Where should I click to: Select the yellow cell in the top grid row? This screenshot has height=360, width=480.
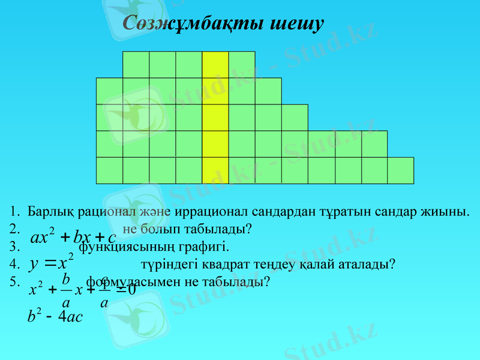click(x=215, y=65)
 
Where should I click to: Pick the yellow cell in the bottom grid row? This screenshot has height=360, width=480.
click(x=215, y=170)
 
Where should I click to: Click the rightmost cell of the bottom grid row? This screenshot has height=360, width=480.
click(x=400, y=170)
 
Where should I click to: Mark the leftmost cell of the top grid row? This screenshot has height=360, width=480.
click(x=136, y=65)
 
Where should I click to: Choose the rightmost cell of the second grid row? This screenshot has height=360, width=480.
click(x=268, y=91)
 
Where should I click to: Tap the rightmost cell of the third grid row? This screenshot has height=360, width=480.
click(x=295, y=118)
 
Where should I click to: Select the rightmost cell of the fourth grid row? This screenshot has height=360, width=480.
click(x=374, y=144)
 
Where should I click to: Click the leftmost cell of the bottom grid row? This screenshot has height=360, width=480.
click(x=109, y=170)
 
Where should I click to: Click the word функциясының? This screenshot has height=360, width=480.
click(x=125, y=247)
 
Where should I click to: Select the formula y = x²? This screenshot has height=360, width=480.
click(x=50, y=263)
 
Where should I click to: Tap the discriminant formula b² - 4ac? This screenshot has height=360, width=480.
click(x=55, y=316)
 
